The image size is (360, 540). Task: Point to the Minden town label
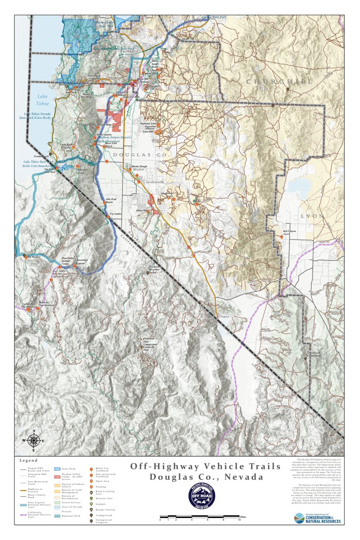pos(138,170)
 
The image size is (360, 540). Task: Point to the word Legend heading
pos(29,460)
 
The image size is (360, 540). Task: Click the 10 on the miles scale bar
pos(239,520)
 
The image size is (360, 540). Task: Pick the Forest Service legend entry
pos(68,502)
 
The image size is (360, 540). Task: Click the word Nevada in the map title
pos(242,477)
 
